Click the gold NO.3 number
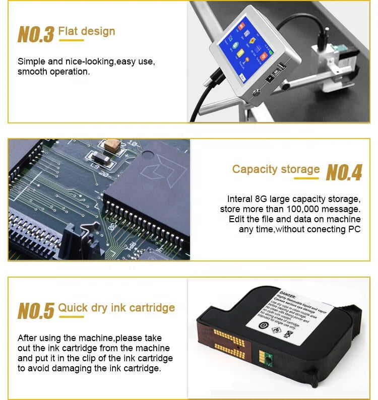(x=35, y=34)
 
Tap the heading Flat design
(x=87, y=31)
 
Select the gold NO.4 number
(x=344, y=172)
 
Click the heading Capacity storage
(x=276, y=169)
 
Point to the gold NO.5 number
(x=35, y=311)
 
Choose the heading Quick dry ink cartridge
(x=116, y=307)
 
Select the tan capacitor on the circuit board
(x=113, y=145)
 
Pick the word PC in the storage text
(x=355, y=229)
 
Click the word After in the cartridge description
(x=28, y=338)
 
